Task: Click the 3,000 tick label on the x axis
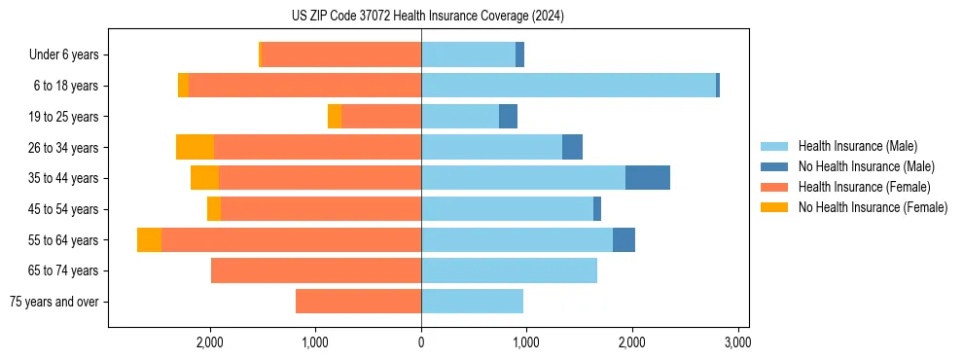pyautogui.click(x=737, y=342)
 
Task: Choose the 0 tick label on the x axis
pyautogui.click(x=421, y=342)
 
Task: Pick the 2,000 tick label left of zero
pyautogui.click(x=210, y=342)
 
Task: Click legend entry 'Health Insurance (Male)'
pyautogui.click(x=857, y=146)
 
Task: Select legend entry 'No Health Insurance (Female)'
pyautogui.click(x=873, y=207)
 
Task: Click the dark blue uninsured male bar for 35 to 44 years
pyautogui.click(x=647, y=178)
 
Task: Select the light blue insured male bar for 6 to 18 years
pyautogui.click(x=568, y=86)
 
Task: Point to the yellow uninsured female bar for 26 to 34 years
pyautogui.click(x=195, y=147)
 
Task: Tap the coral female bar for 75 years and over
pyautogui.click(x=358, y=302)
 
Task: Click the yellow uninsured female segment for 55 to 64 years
pyautogui.click(x=149, y=240)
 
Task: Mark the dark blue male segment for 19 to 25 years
pyautogui.click(x=508, y=117)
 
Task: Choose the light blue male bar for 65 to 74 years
pyautogui.click(x=509, y=270)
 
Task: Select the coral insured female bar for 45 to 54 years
pyautogui.click(x=321, y=209)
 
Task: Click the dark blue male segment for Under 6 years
pyautogui.click(x=519, y=54)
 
